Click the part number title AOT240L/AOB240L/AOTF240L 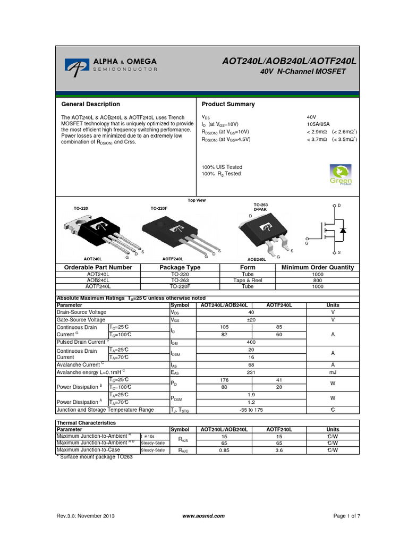click(x=289, y=62)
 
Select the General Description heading click(x=91, y=104)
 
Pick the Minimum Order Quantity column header click(x=318, y=267)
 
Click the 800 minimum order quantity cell click(x=318, y=279)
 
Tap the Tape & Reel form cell click(x=248, y=279)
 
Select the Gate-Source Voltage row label click(x=81, y=320)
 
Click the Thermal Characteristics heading click(x=86, y=423)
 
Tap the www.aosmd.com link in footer click(x=203, y=516)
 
